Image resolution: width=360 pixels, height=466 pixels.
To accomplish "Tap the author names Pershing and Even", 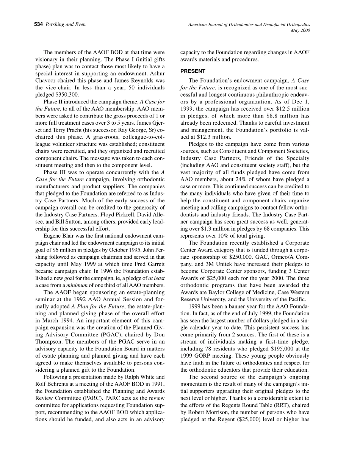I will coord(65,25).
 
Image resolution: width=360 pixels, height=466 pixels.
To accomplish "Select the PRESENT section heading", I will coord(193,71).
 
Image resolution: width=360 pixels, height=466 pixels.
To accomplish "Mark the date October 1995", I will coord(128,250).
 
